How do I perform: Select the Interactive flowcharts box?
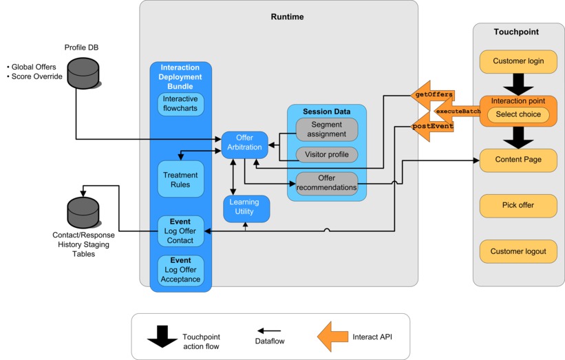[x=181, y=105]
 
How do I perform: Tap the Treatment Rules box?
[x=180, y=180]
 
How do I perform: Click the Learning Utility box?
[x=245, y=208]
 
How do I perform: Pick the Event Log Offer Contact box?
[x=180, y=231]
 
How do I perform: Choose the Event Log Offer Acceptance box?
[x=180, y=271]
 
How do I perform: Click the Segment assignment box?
[x=327, y=129]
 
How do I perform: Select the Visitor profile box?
[x=327, y=155]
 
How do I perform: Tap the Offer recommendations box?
[x=327, y=183]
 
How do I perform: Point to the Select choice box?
[x=518, y=115]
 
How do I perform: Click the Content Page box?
[x=518, y=160]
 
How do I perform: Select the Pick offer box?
[x=518, y=205]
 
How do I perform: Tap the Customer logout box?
[x=518, y=251]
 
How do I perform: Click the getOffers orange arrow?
[x=431, y=94]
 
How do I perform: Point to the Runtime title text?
[x=287, y=17]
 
